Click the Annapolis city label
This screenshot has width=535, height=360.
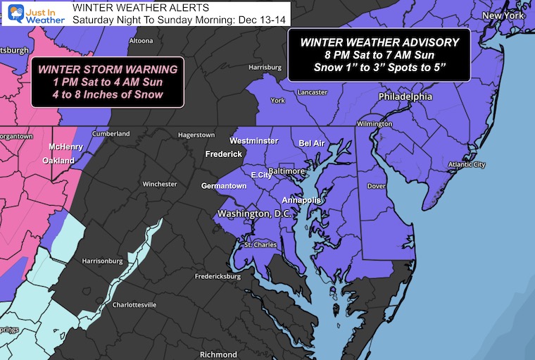(302, 200)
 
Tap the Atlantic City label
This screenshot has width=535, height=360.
(467, 165)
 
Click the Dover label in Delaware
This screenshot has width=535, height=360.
(378, 187)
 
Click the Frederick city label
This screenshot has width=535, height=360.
(223, 154)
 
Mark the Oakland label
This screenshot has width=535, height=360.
(58, 161)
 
